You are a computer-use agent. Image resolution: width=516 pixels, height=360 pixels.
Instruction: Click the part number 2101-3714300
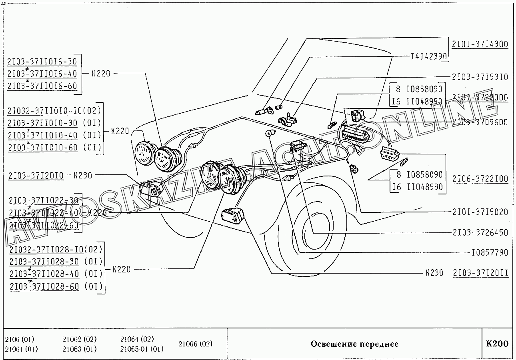click(480, 44)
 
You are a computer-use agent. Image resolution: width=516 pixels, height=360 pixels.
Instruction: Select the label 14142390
click(428, 57)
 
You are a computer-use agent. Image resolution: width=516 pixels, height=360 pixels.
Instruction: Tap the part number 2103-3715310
click(480, 77)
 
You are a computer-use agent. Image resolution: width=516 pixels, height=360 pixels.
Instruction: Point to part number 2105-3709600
click(480, 122)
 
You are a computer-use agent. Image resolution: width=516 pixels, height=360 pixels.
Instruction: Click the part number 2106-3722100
click(480, 179)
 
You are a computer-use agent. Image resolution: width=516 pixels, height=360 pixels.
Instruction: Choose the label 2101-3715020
click(480, 212)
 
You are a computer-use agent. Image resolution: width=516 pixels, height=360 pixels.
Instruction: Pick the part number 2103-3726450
click(480, 232)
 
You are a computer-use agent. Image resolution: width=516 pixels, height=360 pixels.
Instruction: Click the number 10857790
click(490, 253)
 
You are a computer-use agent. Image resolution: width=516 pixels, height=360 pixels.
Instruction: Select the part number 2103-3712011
click(481, 273)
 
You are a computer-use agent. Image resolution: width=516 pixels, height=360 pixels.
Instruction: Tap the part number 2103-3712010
click(35, 175)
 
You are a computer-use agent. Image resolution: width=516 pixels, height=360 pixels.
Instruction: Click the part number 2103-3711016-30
click(42, 61)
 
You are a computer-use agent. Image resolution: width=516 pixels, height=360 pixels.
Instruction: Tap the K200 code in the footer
click(497, 344)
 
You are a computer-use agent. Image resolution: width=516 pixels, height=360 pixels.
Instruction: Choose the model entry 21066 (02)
click(195, 344)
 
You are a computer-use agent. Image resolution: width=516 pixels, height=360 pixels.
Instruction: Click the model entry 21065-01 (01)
click(142, 349)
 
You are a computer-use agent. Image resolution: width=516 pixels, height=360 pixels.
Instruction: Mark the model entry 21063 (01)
click(79, 349)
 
